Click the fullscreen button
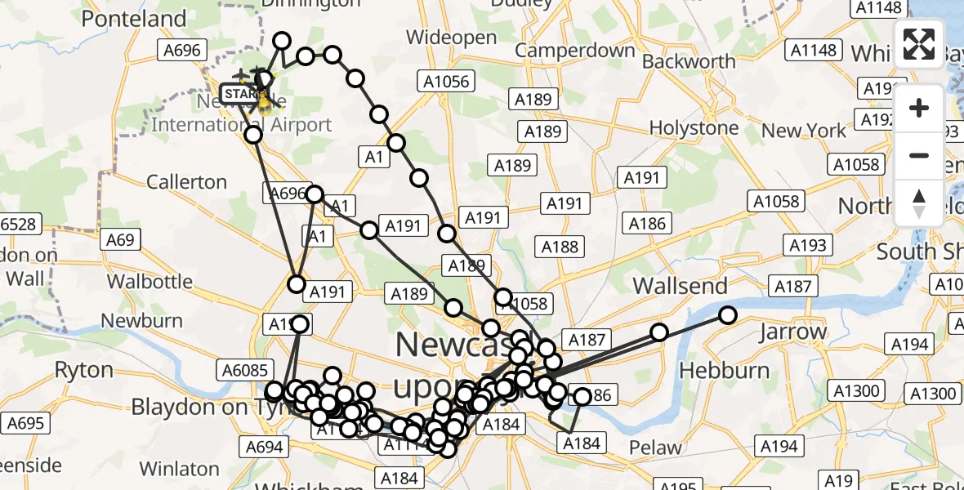[919, 44]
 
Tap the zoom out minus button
[919, 155]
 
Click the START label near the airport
[239, 95]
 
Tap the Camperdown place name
[575, 51]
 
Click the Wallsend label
[680, 286]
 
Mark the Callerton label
[187, 181]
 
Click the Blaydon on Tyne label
[201, 406]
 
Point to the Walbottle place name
[149, 282]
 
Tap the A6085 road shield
[244, 371]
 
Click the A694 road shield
[264, 447]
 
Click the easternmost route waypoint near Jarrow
[727, 314]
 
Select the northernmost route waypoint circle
[282, 41]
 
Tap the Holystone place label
[694, 128]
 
